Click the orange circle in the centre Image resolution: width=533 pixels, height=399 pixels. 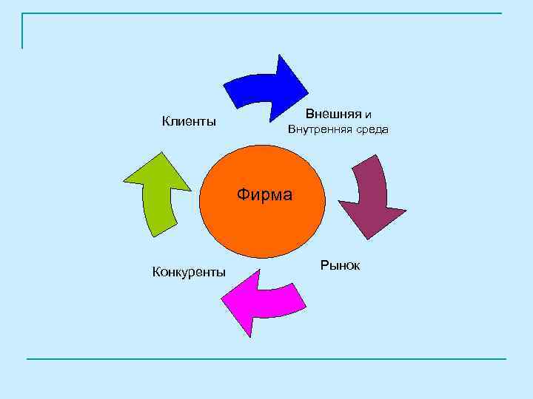pos(263,222)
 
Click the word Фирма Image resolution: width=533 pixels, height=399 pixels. pos(265,195)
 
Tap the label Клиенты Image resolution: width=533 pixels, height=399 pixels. pos(189,121)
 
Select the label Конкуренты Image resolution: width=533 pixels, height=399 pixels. pos(189,272)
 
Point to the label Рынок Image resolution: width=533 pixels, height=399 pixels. pos(341,265)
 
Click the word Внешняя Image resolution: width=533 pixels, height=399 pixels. pos(333,115)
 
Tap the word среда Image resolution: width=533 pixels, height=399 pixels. pos(371,130)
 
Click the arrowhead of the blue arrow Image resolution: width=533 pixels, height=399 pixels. pos(289,85)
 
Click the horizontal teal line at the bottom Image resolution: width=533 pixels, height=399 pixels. pos(266,359)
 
